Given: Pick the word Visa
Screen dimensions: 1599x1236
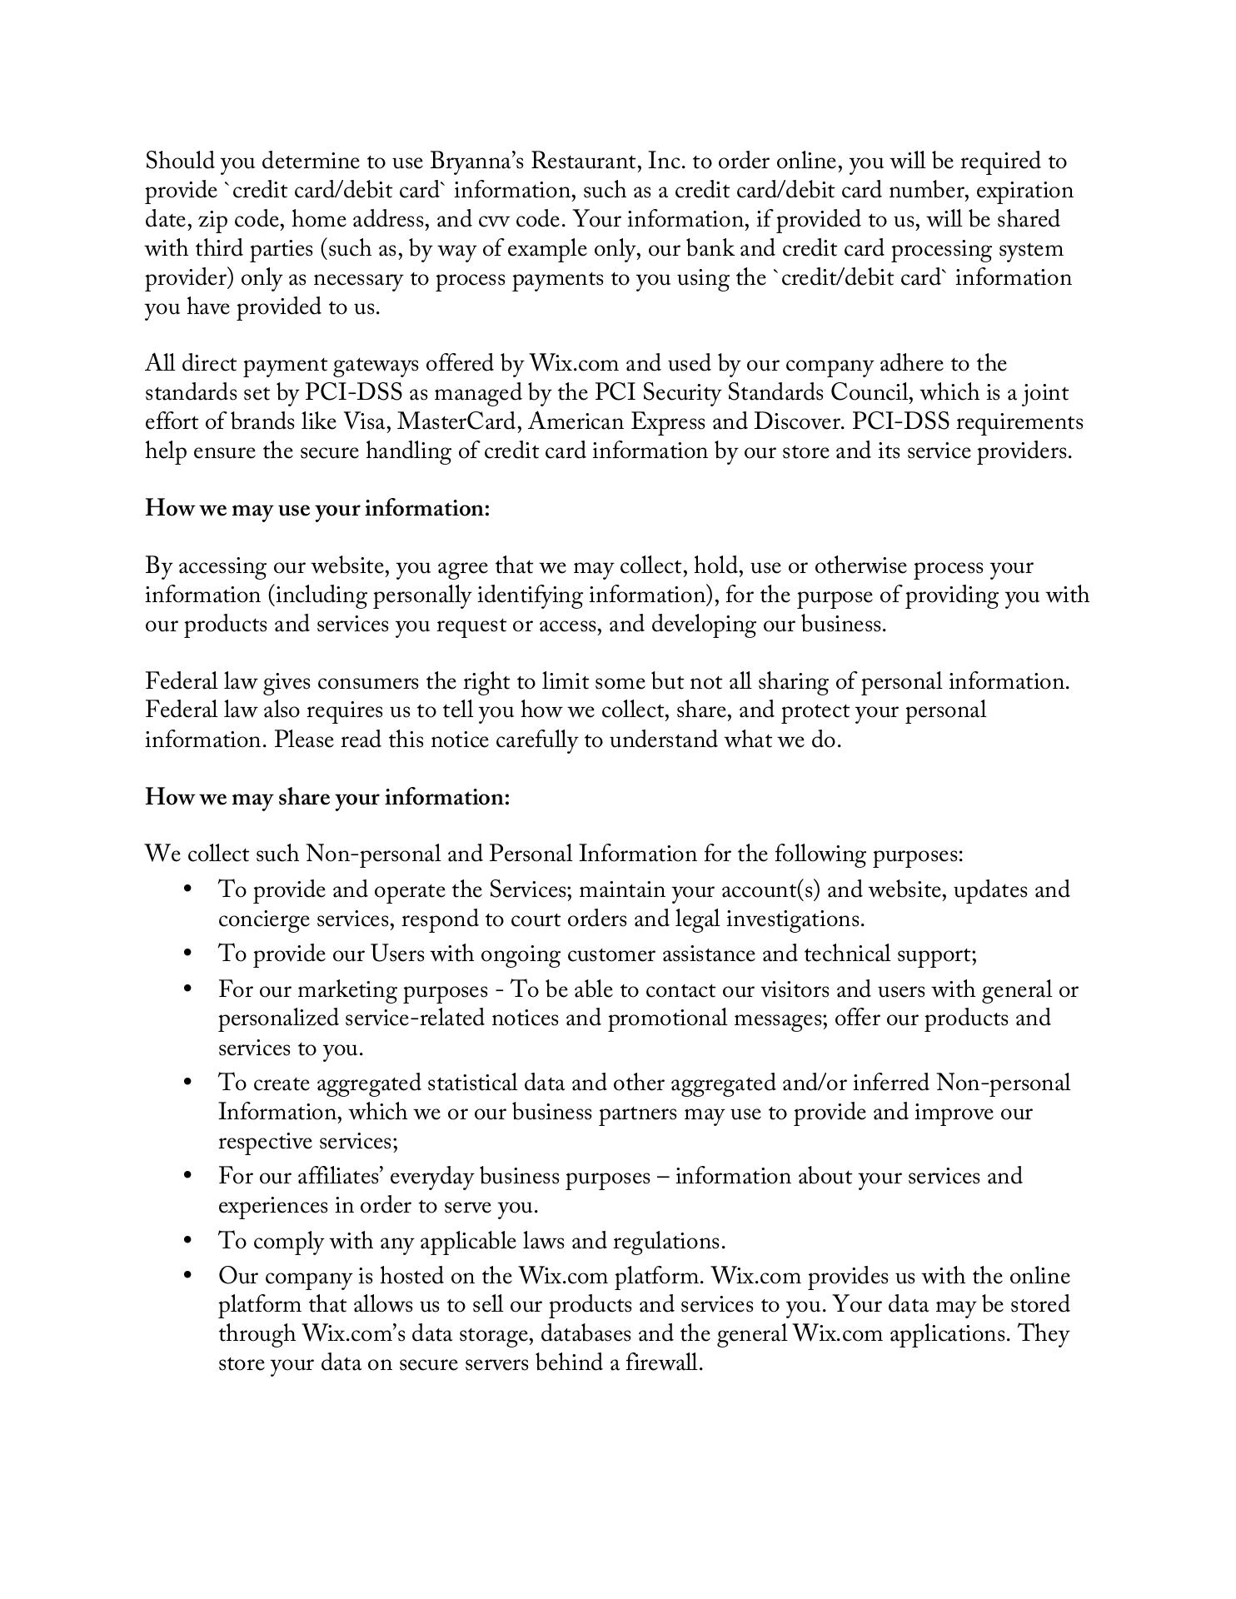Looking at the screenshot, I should click(x=366, y=422).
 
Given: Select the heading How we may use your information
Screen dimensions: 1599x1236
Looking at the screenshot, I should click(x=317, y=508).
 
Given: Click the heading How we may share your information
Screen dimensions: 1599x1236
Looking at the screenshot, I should click(x=327, y=797).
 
